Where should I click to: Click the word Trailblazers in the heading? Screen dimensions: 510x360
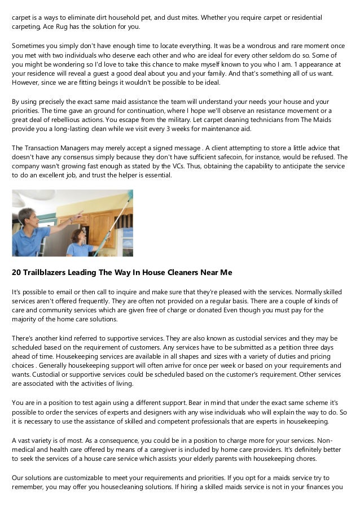[46, 272]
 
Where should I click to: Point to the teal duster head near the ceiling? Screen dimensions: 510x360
[130, 195]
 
